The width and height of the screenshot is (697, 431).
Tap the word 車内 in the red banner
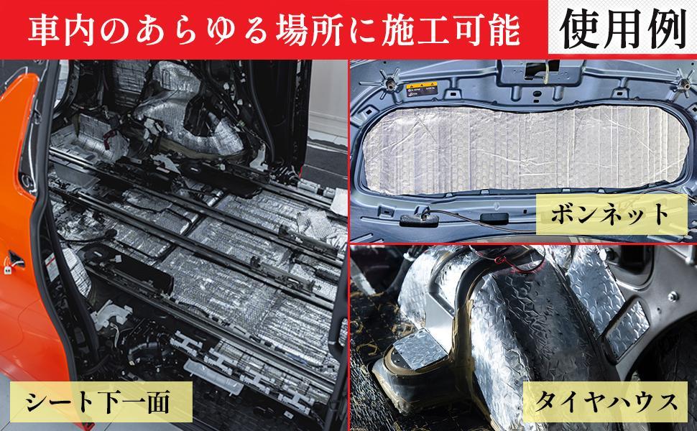click(x=62, y=30)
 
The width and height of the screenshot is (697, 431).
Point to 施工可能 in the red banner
click(x=450, y=30)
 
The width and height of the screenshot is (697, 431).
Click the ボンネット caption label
click(x=611, y=214)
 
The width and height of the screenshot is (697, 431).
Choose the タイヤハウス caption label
click(x=606, y=402)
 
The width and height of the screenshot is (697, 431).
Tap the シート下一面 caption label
click(x=101, y=402)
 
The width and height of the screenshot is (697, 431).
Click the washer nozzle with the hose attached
click(x=418, y=220)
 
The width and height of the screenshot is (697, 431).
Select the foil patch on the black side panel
click(x=627, y=328)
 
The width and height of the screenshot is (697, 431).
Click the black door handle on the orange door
click(x=17, y=258)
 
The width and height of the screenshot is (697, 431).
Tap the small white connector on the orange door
click(x=8, y=269)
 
